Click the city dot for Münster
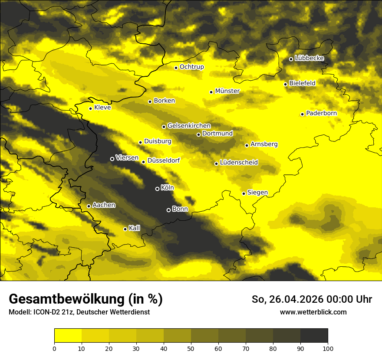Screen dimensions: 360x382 (x=211, y=92)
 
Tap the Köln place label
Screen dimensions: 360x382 (x=167, y=188)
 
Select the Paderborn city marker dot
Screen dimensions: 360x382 (x=303, y=114)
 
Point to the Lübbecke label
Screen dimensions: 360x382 (x=309, y=58)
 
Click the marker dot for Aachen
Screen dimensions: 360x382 (x=89, y=206)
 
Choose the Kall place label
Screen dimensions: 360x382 (x=135, y=228)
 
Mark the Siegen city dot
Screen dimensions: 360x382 (x=244, y=193)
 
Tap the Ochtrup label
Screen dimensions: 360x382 (x=191, y=67)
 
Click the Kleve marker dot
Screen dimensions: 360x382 (x=91, y=108)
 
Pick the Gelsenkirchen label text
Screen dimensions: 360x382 (x=189, y=126)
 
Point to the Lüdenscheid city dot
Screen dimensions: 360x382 (x=216, y=164)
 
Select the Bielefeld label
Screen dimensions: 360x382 (x=302, y=83)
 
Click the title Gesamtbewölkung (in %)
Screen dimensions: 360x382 (x=86, y=299)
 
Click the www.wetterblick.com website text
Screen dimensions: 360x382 (x=313, y=312)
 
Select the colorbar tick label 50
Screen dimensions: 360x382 (x=191, y=348)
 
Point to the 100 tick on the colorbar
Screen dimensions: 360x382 (x=328, y=348)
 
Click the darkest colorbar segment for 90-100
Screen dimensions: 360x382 (x=314, y=336)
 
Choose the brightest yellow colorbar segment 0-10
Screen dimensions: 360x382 (x=68, y=336)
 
